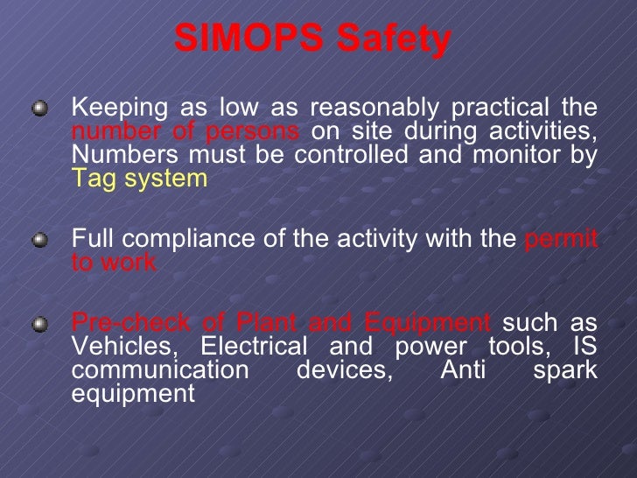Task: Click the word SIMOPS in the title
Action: pos(237,38)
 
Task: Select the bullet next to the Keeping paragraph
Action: pos(39,109)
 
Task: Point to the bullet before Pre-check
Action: pos(39,324)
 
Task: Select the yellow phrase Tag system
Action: pos(139,179)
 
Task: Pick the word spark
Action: pos(564,369)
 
